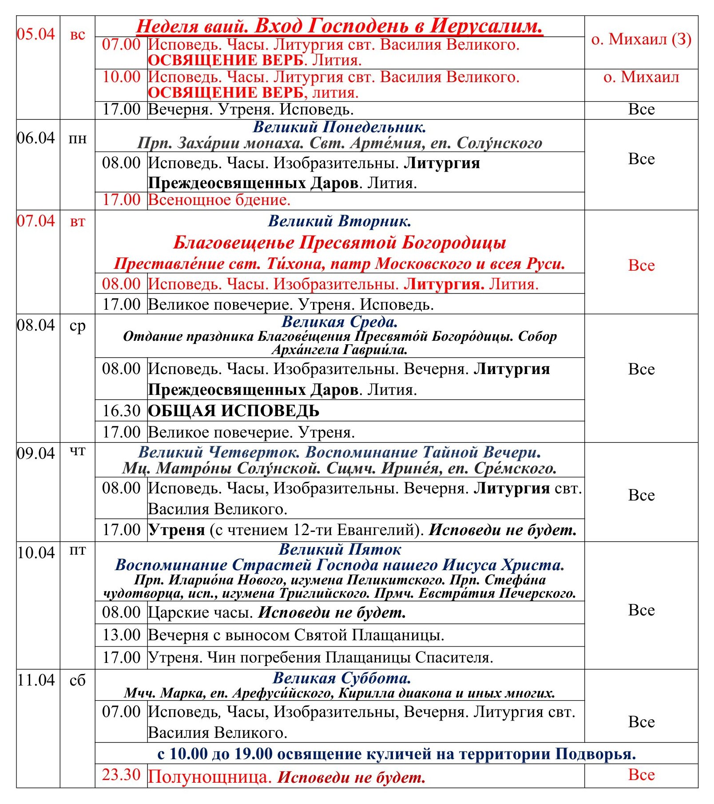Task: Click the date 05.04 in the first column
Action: tap(36, 34)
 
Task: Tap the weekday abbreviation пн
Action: tap(77, 139)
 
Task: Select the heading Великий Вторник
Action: tap(340, 221)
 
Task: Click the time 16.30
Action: tap(121, 411)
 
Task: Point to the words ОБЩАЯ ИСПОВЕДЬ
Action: tap(234, 411)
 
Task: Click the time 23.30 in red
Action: tap(121, 775)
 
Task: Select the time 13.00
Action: tap(121, 635)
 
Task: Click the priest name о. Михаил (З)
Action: tap(641, 39)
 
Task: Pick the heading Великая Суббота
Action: tap(341, 678)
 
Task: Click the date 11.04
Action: tap(36, 680)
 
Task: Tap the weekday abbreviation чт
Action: tap(77, 451)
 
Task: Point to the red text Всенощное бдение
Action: tap(219, 200)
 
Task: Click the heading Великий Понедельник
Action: tap(340, 127)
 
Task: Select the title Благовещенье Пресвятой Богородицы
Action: tap(340, 243)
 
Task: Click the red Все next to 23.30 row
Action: tap(641, 775)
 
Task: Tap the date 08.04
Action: tap(36, 325)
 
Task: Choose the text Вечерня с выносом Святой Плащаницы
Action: tap(296, 635)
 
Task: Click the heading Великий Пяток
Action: tap(340, 550)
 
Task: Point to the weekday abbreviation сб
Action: tap(77, 680)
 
